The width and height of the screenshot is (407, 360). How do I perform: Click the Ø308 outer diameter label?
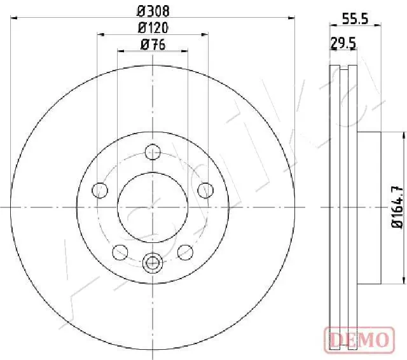point(153,11)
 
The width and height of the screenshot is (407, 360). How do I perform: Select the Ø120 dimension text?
point(153,27)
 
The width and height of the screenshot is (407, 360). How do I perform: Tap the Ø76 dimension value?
point(153,44)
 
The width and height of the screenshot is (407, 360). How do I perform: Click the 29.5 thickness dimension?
point(342,43)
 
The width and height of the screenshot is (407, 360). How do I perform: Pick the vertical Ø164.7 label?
point(395,207)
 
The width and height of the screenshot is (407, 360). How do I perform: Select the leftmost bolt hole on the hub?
point(99,190)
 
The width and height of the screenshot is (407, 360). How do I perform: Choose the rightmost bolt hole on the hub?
point(206,190)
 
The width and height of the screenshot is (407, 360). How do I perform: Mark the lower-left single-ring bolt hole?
point(120,252)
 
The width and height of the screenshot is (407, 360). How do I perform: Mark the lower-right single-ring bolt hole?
point(185,252)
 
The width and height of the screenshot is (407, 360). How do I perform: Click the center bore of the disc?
point(153,207)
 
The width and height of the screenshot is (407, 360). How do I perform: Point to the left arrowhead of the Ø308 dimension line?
point(14,18)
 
